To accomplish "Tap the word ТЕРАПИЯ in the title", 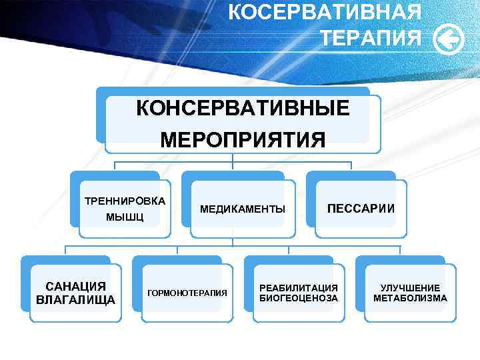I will pos(371,38).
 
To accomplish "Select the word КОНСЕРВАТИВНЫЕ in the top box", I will pos(243,108).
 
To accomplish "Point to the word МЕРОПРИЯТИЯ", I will pos(243,140).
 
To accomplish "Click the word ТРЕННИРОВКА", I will pos(125,201).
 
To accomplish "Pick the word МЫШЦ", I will pos(125,218).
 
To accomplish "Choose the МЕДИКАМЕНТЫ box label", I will pos(243,209).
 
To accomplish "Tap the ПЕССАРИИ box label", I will pos(361,209).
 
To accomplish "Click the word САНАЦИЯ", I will pos(75,287).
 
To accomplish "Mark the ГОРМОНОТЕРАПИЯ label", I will pos(187,293).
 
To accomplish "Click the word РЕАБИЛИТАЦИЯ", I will pos(299,287).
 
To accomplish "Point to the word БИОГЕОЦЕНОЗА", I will pos(299,298).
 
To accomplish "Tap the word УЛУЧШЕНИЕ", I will pos(410,287).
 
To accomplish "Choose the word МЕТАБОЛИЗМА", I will pos(410,298).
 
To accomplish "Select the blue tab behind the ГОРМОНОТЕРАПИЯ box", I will pos(177,259).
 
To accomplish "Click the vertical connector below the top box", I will pos(233,157).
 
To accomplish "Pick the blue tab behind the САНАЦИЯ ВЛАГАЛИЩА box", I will pos(65,259).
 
